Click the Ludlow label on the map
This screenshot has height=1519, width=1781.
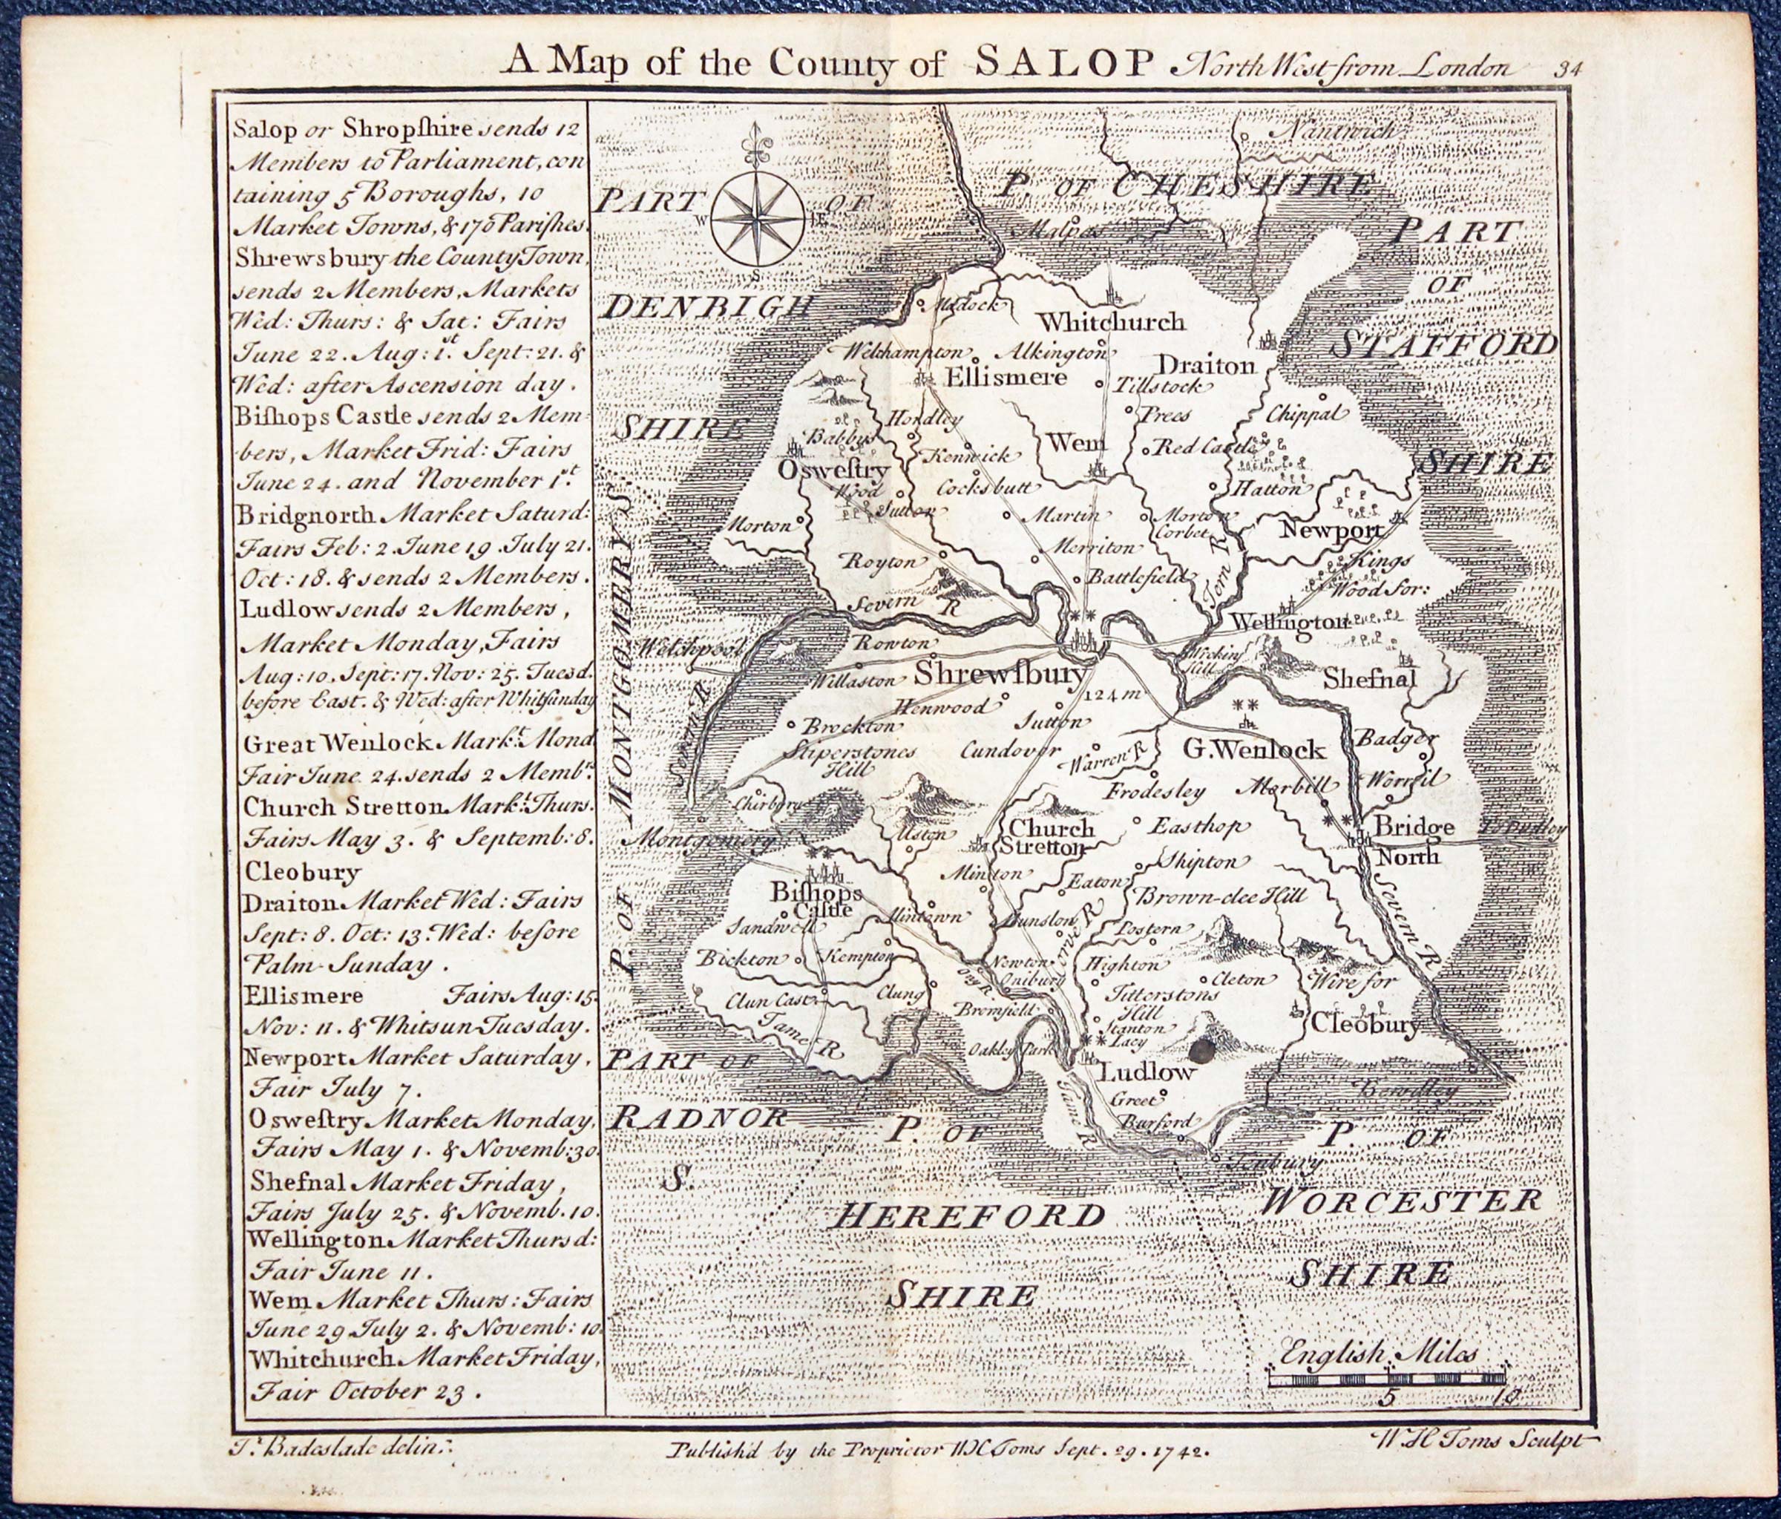click(x=1147, y=1073)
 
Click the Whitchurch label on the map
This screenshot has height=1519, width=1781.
click(x=1112, y=321)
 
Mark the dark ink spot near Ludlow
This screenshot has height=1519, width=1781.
click(x=1201, y=1051)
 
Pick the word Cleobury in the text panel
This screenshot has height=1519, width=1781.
click(x=303, y=873)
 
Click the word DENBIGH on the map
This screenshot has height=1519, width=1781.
click(x=708, y=307)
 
